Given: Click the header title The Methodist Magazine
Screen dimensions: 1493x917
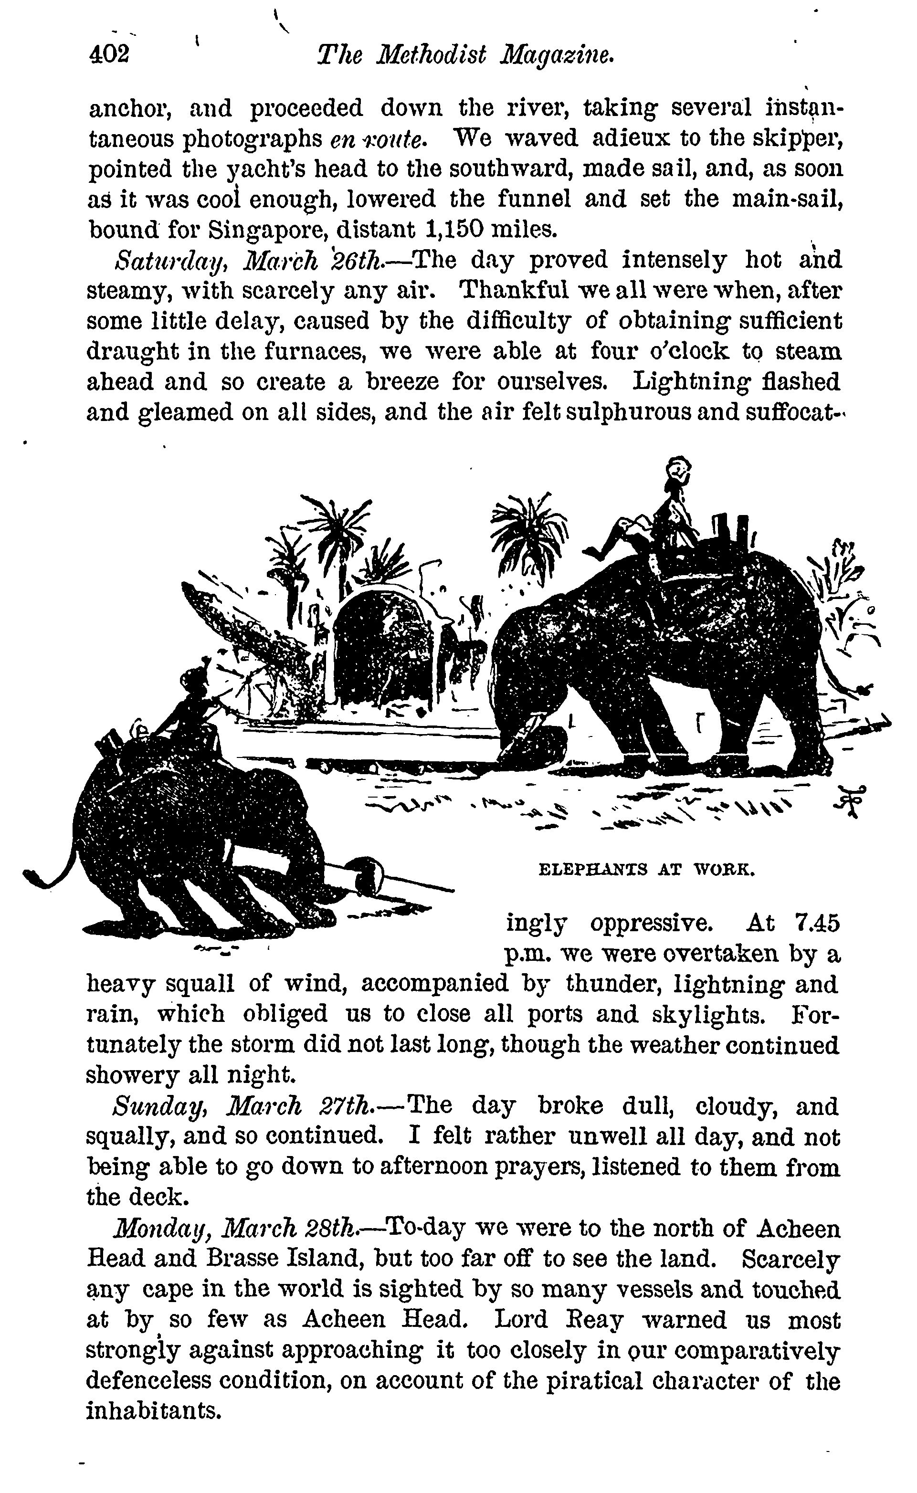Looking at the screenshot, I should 466,56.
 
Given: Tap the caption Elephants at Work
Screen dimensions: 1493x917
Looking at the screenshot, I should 646,870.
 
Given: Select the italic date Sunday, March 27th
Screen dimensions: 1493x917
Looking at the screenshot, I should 242,1105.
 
